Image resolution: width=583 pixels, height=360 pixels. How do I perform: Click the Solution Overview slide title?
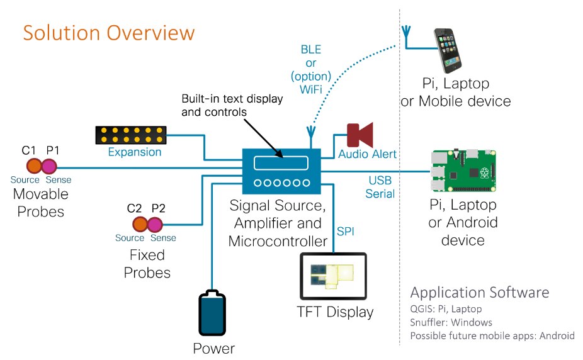[x=109, y=33]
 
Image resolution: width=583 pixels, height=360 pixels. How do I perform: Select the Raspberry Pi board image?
[x=463, y=171]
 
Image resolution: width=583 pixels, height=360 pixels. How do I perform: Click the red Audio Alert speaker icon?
[x=361, y=135]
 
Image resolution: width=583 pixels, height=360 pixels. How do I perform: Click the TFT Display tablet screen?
[x=332, y=276]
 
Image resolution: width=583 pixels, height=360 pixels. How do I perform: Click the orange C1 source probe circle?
[x=33, y=166]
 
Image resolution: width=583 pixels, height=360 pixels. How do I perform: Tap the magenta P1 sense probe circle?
[x=48, y=166]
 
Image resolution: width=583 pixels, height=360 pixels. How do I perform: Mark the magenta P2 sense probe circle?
[x=156, y=223]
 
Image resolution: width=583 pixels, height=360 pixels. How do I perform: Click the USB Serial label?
[x=381, y=187]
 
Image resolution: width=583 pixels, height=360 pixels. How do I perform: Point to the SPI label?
[x=345, y=231]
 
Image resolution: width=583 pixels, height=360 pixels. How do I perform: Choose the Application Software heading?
[x=479, y=292]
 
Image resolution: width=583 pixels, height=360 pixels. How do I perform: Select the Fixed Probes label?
[x=147, y=264]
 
